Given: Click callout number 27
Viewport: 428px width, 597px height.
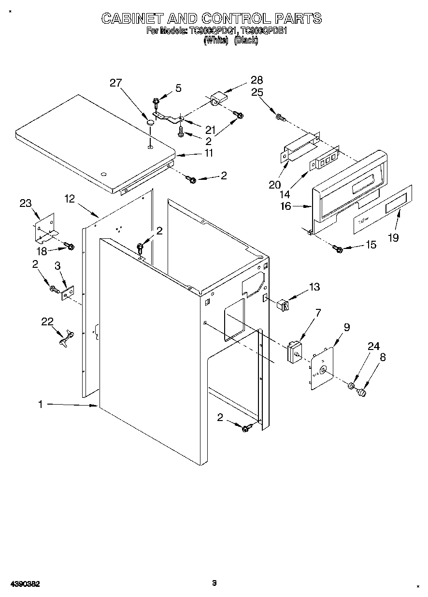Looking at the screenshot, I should pyautogui.click(x=116, y=83).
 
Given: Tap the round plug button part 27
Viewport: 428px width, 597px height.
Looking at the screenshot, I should pyautogui.click(x=151, y=121).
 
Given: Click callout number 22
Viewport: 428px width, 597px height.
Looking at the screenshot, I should pyautogui.click(x=47, y=322).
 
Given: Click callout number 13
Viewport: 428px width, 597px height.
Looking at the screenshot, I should pyautogui.click(x=314, y=287).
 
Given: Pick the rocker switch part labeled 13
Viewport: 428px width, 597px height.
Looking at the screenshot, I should pyautogui.click(x=283, y=305).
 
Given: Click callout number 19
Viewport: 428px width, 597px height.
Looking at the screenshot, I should pyautogui.click(x=394, y=237).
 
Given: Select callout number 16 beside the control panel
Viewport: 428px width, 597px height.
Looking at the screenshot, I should pyautogui.click(x=285, y=206).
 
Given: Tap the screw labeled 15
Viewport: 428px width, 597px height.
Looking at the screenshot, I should pyautogui.click(x=338, y=249).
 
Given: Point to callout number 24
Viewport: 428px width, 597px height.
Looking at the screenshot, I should pyautogui.click(x=373, y=346).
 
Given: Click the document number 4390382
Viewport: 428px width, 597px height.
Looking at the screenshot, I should pyautogui.click(x=24, y=583).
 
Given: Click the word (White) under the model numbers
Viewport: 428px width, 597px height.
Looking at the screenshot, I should pyautogui.click(x=215, y=41).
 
